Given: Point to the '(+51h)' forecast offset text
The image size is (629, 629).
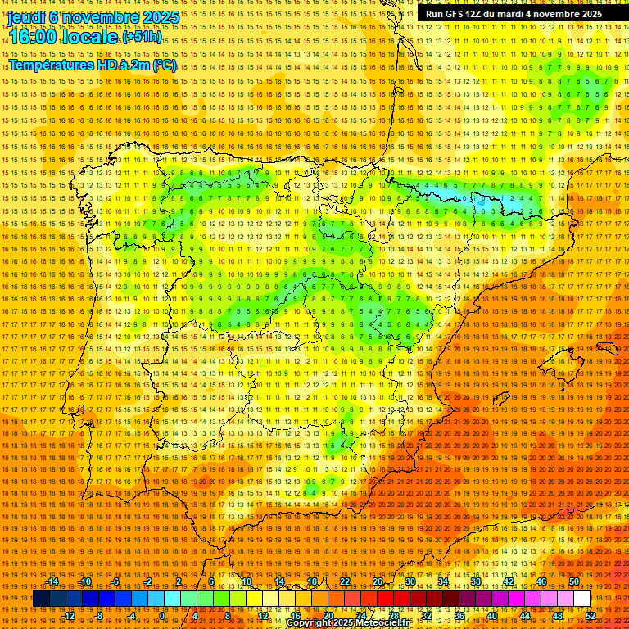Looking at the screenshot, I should tap(142, 37).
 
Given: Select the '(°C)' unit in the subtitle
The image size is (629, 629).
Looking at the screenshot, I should tap(164, 65).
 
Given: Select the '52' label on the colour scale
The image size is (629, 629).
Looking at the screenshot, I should tap(591, 616).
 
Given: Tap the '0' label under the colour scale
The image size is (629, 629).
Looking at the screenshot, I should tap(163, 616).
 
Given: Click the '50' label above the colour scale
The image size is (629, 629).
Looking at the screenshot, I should tap(574, 581).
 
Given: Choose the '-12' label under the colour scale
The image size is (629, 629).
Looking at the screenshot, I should tap(69, 616).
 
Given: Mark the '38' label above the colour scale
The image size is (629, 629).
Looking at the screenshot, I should tap(476, 581).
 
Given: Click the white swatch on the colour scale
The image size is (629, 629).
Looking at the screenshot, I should tap(582, 599).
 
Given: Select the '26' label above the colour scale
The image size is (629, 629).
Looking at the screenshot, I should tap(378, 581).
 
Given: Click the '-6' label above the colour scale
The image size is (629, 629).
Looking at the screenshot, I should tap(115, 581).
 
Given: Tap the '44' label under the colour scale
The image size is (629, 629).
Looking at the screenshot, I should tap(525, 616).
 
